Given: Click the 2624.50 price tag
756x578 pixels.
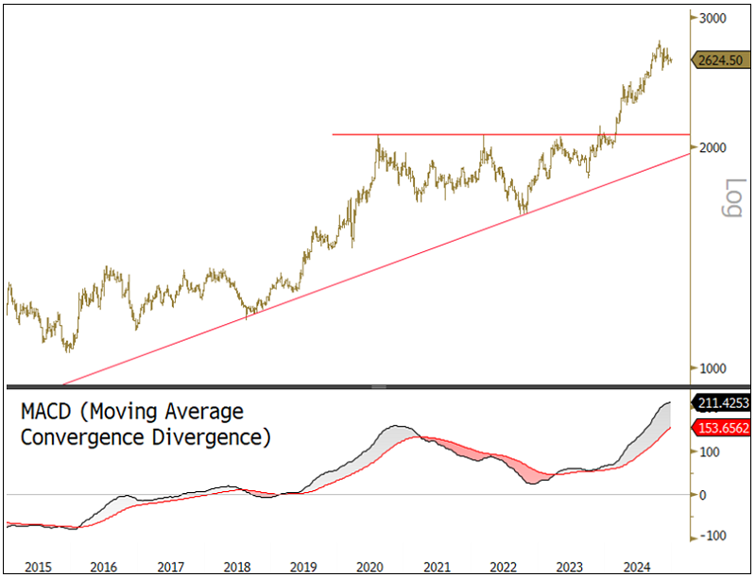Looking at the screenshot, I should click(723, 60).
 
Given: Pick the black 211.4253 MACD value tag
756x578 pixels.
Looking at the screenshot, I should click(724, 403).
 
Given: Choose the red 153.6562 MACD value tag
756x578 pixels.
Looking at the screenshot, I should click(724, 428).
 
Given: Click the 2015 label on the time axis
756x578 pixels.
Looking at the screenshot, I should click(38, 567).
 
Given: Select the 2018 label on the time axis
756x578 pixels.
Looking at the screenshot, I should click(237, 567).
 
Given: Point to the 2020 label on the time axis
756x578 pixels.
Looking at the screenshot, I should click(369, 567).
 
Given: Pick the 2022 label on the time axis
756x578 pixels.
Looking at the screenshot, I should click(503, 567).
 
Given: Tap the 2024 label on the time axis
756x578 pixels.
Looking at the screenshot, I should click(636, 567).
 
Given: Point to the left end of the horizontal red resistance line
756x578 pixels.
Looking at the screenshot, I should click(334, 134).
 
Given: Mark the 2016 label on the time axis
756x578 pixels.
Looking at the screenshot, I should click(104, 567).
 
